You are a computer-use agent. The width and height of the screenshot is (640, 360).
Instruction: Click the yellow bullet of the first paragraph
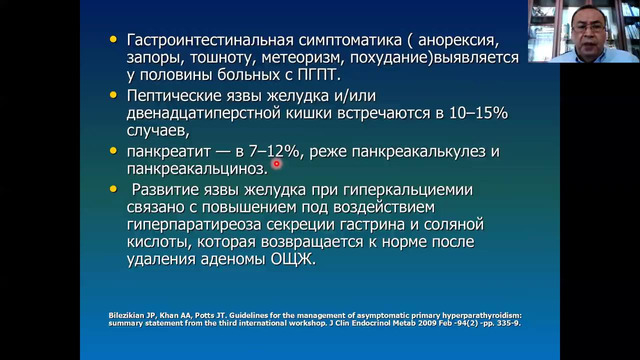click(x=112, y=39)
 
